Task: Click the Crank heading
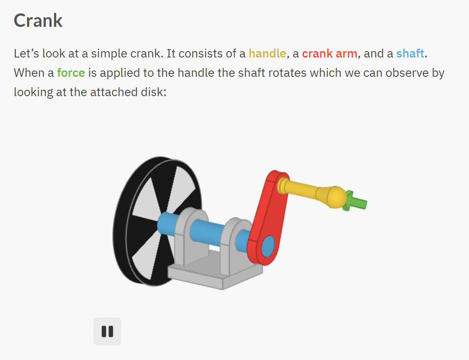click(38, 21)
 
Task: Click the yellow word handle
click(267, 54)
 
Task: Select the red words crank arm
click(330, 54)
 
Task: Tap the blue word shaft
click(410, 54)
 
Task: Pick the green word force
click(71, 73)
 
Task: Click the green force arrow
click(356, 201)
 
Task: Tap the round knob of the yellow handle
click(336, 197)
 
